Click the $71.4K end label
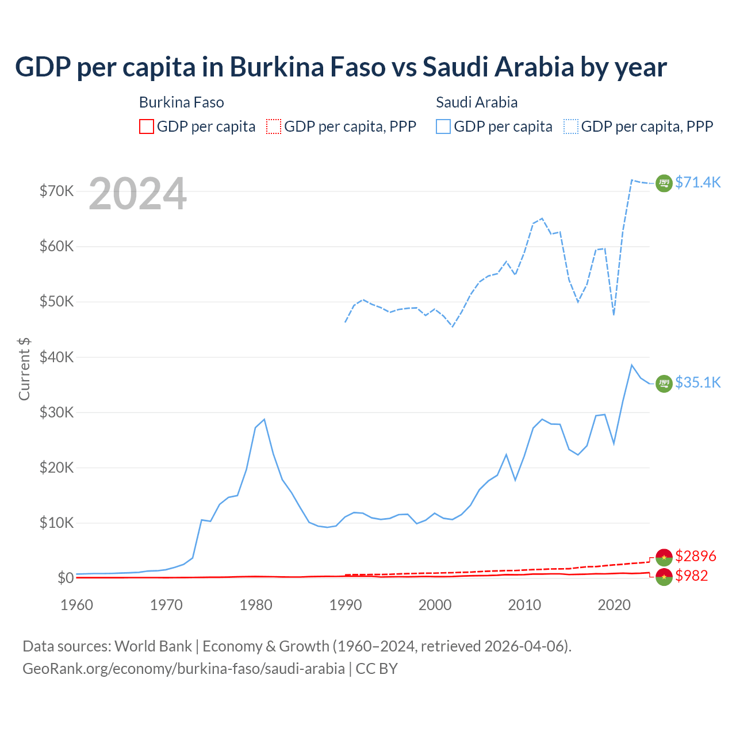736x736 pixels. pos(697,182)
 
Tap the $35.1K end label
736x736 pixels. pos(697,382)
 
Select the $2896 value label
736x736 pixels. pos(696,556)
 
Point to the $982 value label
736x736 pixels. pos(692,576)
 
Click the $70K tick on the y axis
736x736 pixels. pos(56,191)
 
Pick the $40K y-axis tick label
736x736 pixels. pos(56,357)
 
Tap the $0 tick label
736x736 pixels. pos(66,578)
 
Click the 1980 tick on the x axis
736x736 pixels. pos(256,605)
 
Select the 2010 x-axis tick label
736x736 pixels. pos(524,605)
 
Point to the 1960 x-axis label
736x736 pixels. pos(76,605)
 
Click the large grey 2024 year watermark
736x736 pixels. pos(137,194)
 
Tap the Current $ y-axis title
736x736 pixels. pos(24,369)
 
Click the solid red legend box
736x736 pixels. pos(147,126)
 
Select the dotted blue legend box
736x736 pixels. pos(571,126)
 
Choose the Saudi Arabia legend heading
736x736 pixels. pos(477,102)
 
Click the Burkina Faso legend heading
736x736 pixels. pos(181,102)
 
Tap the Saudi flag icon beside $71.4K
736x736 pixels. pos(664,183)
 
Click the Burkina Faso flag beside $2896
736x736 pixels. pos(664,557)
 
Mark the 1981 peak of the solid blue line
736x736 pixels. pos(264,419)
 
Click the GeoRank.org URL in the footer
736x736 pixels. pos(183,669)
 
